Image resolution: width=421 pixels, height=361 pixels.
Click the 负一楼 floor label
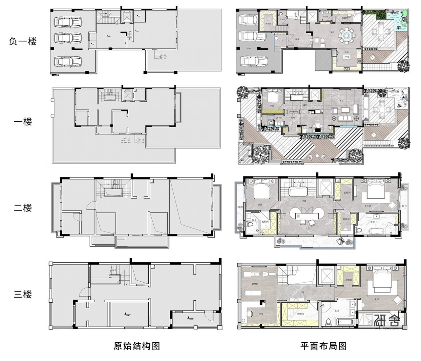coord(23,41)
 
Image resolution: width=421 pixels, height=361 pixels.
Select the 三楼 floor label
coord(23,294)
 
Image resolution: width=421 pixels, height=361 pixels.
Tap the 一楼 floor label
coord(23,121)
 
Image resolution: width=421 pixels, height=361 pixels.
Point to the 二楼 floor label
coord(23,208)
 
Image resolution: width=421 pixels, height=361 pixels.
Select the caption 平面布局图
coord(323,346)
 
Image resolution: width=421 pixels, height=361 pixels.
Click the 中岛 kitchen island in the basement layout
coord(347,57)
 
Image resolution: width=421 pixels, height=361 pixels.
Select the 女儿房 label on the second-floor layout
coord(368,206)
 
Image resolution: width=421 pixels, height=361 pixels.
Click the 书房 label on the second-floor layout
coord(307,229)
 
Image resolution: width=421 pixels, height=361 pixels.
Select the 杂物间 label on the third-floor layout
coord(300,314)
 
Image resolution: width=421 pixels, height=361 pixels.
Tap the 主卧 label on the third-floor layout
coord(377,300)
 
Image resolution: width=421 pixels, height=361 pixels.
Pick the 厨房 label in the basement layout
coord(347,52)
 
